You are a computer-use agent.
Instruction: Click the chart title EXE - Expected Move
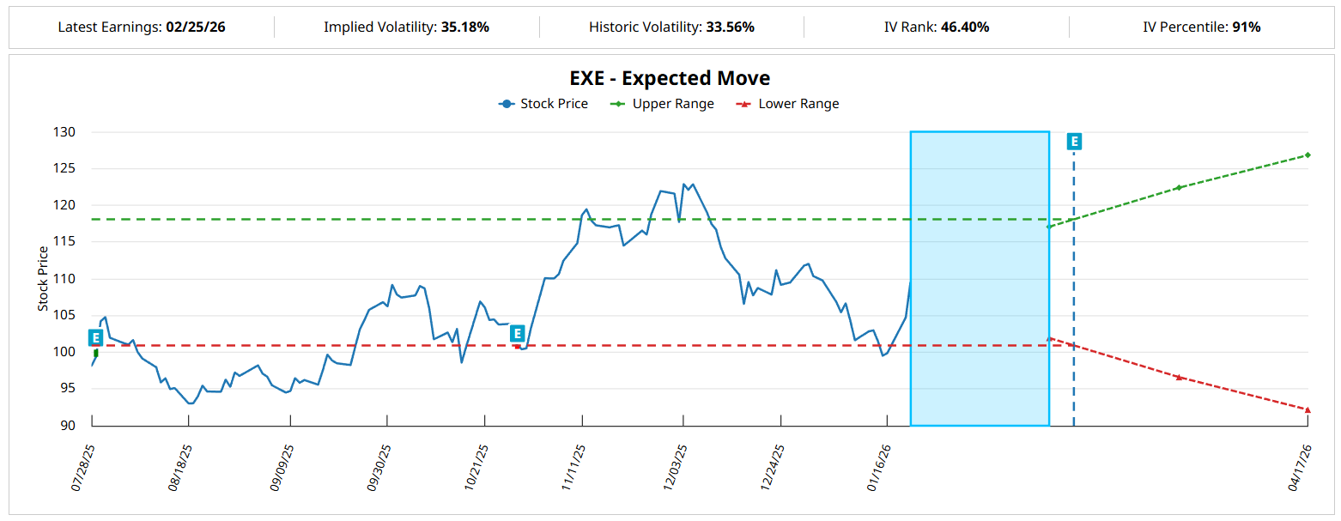670,78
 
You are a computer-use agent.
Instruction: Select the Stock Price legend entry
543,104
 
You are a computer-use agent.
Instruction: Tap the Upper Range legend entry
662,104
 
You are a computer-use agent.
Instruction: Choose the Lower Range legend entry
788,104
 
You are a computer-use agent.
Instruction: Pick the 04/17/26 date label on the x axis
1300,468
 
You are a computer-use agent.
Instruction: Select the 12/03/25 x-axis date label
676,468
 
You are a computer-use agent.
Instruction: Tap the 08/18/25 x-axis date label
180,468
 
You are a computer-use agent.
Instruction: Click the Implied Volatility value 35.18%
465,27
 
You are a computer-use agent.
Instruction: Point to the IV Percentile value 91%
1246,27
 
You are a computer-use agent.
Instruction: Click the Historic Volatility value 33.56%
731,27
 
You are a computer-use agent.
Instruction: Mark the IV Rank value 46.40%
965,27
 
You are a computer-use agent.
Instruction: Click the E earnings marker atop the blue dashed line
1073,142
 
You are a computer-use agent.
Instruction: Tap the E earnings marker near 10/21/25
517,334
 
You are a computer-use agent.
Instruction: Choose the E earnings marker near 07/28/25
95,337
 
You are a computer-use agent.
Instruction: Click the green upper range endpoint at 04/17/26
1308,154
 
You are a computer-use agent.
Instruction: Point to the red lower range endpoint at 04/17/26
1308,409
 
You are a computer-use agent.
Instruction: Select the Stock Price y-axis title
43,278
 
